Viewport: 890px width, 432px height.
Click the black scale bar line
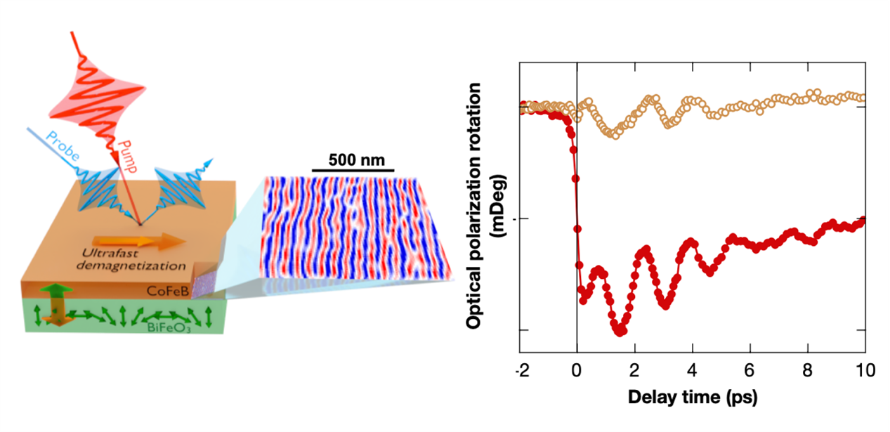(352, 171)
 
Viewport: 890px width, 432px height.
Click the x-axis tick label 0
(577, 370)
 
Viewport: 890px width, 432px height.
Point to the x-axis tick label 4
(692, 370)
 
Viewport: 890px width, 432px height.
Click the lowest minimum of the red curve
(620, 331)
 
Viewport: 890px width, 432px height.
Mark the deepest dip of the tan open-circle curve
(614, 133)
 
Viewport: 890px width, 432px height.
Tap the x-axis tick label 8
(807, 370)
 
